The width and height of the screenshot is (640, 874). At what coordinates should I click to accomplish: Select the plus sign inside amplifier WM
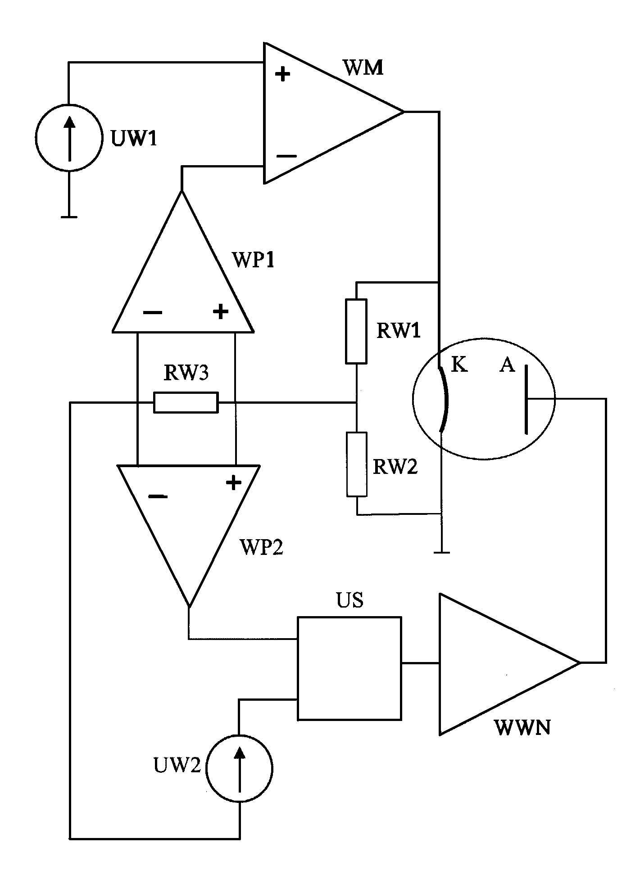click(x=282, y=74)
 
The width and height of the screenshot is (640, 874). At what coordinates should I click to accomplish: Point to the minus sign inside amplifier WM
click(x=287, y=156)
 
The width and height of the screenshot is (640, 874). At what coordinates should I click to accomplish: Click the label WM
click(x=363, y=68)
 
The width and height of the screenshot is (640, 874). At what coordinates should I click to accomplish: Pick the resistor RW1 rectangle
click(x=356, y=331)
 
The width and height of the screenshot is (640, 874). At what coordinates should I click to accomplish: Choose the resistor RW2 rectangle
click(x=357, y=464)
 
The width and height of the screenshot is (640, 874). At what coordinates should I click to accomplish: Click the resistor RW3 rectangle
click(x=186, y=402)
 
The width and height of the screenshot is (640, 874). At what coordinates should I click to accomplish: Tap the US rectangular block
click(x=349, y=669)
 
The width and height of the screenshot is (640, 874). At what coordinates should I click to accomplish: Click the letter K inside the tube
click(x=459, y=365)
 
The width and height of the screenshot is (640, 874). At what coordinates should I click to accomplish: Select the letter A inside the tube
click(x=507, y=365)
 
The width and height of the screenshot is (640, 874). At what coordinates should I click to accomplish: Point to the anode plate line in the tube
click(x=526, y=399)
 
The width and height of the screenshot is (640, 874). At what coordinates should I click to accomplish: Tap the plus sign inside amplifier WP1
click(x=220, y=311)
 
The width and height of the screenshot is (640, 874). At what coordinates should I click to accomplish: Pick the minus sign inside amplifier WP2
click(x=158, y=496)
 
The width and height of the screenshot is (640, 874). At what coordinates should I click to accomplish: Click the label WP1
click(x=253, y=260)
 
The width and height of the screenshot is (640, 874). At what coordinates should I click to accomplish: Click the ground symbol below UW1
click(x=69, y=217)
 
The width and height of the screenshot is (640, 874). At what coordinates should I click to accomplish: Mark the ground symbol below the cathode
click(x=441, y=552)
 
